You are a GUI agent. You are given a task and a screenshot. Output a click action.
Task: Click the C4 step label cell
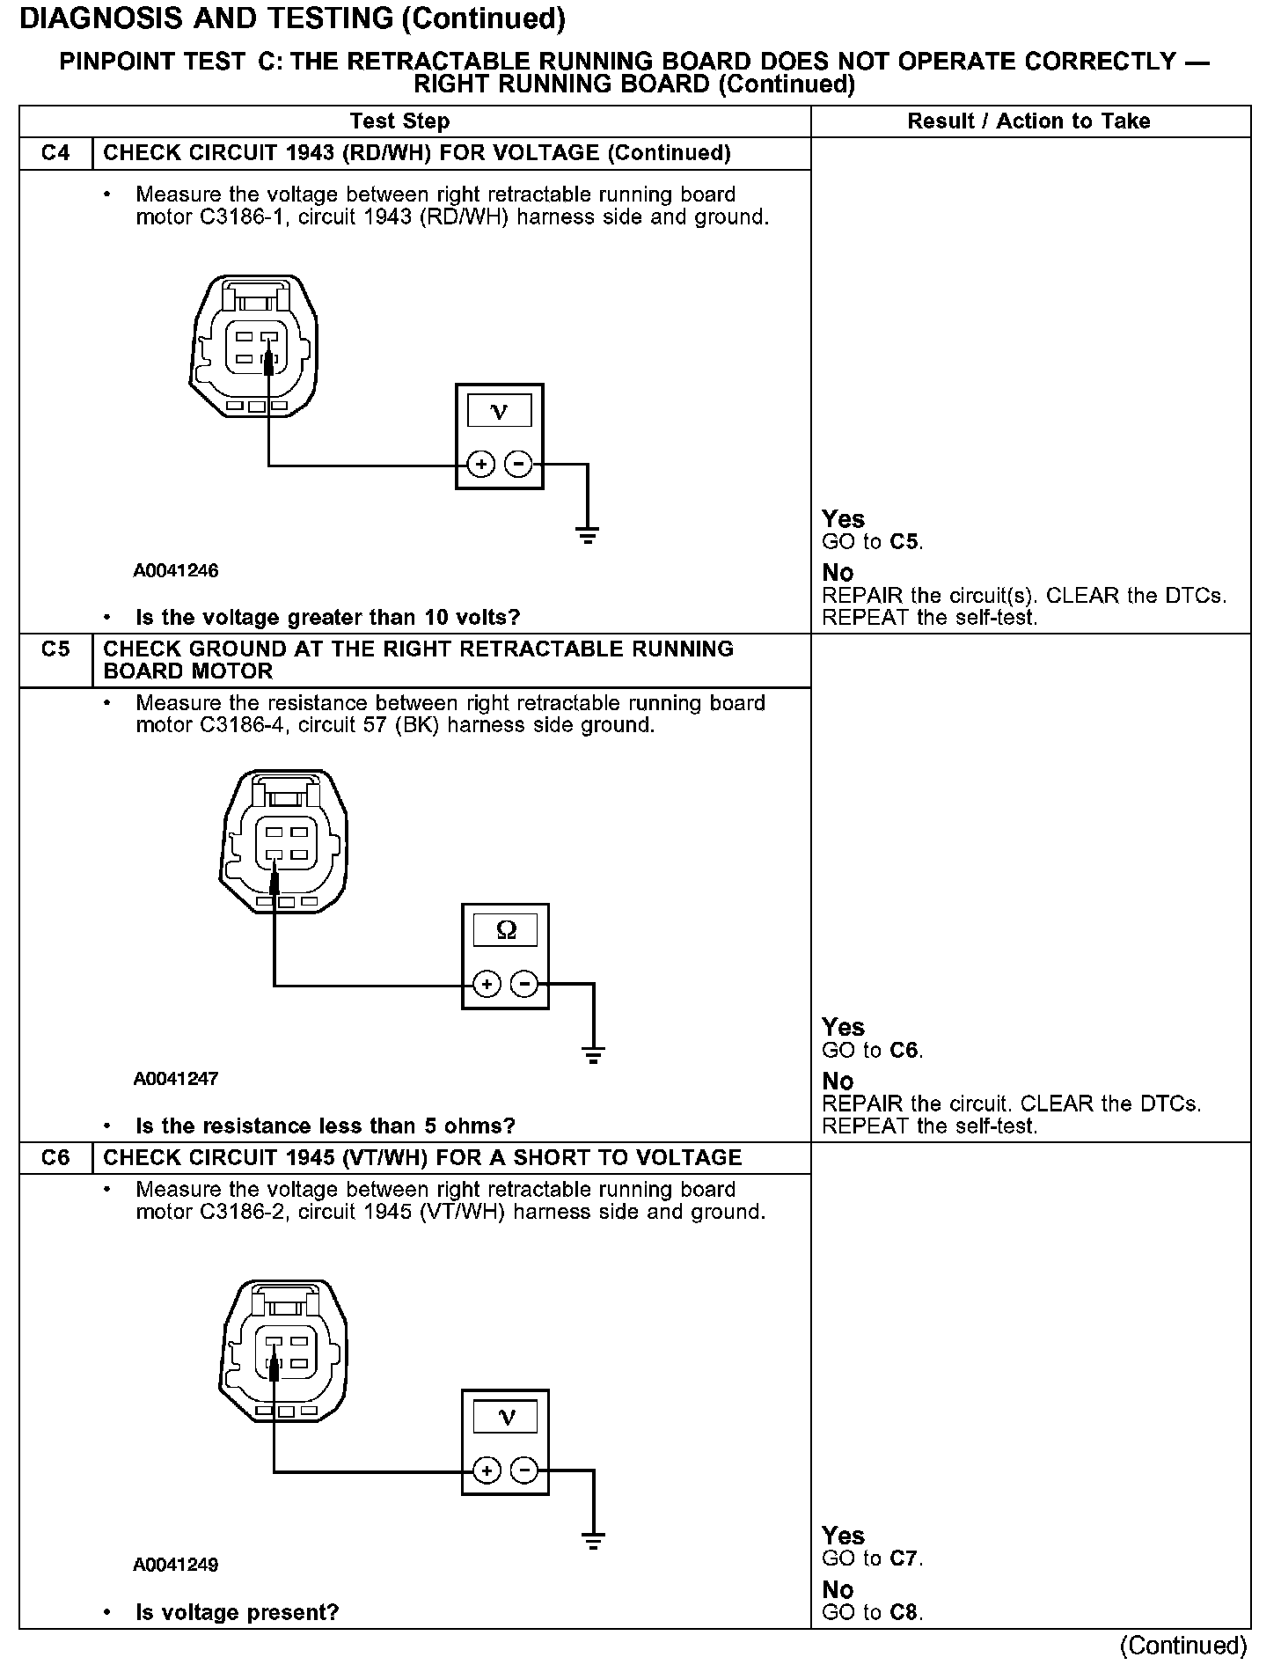click(x=55, y=153)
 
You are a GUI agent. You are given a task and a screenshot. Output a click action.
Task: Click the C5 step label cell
click(x=55, y=649)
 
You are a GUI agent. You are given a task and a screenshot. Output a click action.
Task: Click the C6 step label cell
click(x=55, y=1157)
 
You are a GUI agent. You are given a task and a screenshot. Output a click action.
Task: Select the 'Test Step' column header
click(x=399, y=121)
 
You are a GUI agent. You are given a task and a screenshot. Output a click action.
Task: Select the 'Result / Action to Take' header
click(x=1028, y=121)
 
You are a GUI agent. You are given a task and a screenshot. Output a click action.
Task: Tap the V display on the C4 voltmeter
click(x=499, y=411)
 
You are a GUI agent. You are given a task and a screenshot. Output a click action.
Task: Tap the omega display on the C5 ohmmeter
click(x=506, y=930)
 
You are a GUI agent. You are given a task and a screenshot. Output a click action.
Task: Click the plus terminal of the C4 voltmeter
click(x=480, y=464)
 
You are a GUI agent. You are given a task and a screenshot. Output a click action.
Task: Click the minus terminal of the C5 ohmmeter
click(x=524, y=983)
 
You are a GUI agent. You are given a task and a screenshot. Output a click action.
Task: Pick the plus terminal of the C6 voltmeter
click(x=487, y=1470)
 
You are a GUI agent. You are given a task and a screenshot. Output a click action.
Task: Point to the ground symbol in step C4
click(x=588, y=534)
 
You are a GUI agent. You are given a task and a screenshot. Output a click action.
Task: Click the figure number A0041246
click(x=176, y=571)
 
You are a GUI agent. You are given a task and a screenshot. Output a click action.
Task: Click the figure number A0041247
click(x=176, y=1079)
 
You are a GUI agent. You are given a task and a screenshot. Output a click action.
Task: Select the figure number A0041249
click(x=176, y=1566)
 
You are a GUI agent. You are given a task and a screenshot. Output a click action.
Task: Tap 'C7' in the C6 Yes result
click(x=904, y=1558)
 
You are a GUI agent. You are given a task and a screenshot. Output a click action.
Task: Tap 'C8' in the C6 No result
click(x=904, y=1613)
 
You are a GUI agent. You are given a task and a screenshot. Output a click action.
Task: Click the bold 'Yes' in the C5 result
click(x=843, y=1027)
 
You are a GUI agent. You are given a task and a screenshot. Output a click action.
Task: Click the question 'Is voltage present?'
click(x=237, y=1613)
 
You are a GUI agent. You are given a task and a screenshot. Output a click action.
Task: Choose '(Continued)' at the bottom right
click(x=1183, y=1646)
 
